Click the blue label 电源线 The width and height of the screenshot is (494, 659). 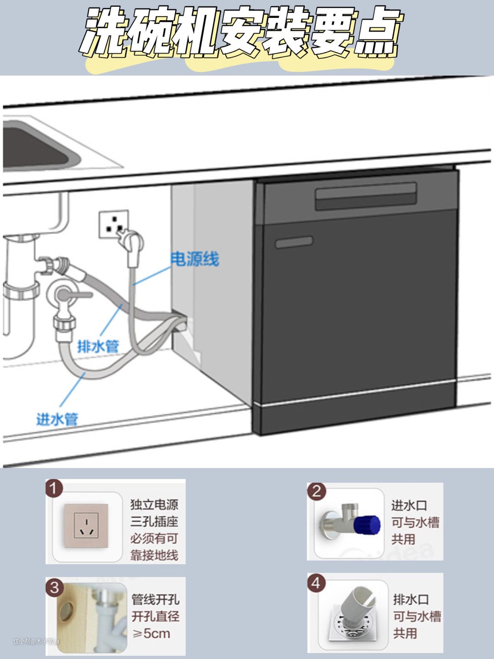click(x=195, y=259)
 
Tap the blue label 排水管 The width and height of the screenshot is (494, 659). click(x=98, y=346)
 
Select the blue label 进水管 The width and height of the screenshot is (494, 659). click(x=57, y=419)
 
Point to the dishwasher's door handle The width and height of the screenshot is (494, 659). click(x=294, y=242)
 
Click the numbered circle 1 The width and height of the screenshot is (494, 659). click(x=54, y=489)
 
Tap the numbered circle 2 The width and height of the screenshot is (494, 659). click(x=316, y=491)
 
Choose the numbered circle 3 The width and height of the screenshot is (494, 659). click(x=54, y=587)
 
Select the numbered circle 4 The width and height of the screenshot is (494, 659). click(x=316, y=583)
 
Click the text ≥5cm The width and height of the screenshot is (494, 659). click(x=151, y=634)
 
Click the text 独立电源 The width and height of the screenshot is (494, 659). click(x=154, y=505)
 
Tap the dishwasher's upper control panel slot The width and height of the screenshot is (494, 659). click(x=365, y=196)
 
